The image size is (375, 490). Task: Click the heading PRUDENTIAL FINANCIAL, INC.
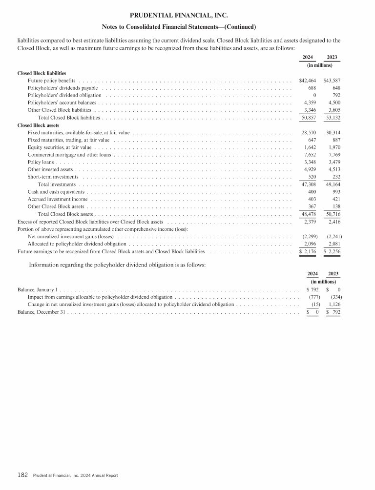click(187, 16)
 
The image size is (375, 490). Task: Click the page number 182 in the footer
click(22, 475)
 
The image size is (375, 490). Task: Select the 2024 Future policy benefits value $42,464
click(308, 80)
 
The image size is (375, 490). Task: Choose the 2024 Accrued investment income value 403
click(312, 200)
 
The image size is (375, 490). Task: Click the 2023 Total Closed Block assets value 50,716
click(333, 214)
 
